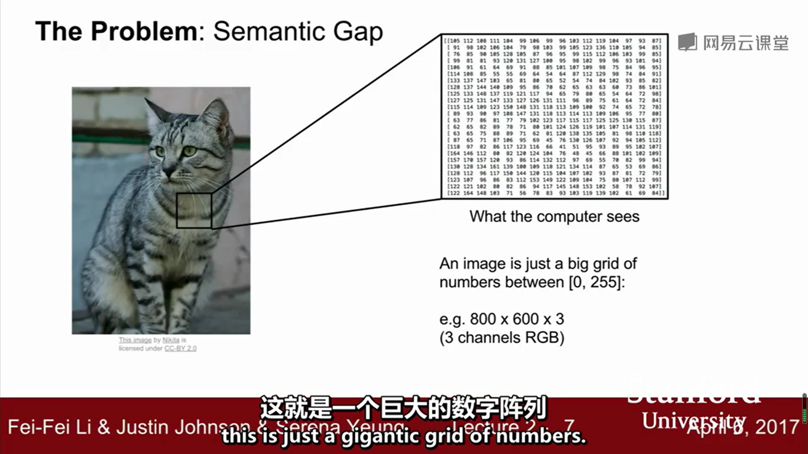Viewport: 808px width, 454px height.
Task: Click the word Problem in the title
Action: pos(144,31)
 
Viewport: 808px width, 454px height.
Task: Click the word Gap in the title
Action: pos(358,32)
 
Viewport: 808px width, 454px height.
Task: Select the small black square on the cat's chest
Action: pos(194,211)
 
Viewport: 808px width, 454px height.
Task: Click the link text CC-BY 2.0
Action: pos(180,348)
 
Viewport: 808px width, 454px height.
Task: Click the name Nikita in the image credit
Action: pos(171,340)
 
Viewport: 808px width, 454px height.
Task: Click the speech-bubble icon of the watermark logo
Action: pos(687,42)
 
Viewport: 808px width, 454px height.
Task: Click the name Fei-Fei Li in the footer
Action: pos(49,427)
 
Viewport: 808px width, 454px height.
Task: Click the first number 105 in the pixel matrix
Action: pos(454,41)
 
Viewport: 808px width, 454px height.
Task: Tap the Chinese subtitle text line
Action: pos(403,408)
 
